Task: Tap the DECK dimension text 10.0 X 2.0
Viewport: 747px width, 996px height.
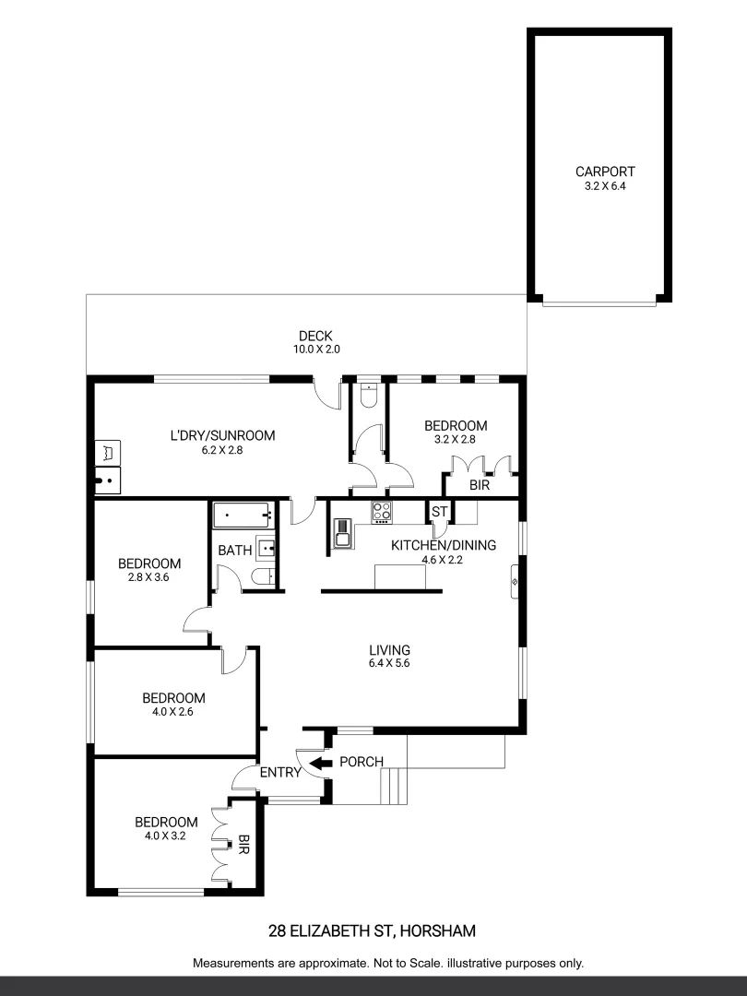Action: click(315, 350)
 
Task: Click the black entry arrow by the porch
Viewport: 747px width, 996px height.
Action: click(321, 763)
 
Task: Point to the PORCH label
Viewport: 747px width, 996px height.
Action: click(362, 762)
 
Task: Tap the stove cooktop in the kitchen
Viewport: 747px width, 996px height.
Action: click(382, 512)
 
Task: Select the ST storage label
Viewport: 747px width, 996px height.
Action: click(439, 512)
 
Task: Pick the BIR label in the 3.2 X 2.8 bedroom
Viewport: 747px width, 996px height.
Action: click(479, 485)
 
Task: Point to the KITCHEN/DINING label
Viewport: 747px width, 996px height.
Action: click(444, 545)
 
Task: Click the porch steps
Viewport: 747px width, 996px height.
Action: click(393, 786)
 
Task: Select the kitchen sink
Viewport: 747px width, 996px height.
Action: click(342, 533)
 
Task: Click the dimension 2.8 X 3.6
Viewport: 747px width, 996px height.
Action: click(148, 577)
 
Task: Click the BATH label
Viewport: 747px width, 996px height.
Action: click(235, 551)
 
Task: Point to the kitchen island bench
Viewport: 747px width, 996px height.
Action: click(401, 576)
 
